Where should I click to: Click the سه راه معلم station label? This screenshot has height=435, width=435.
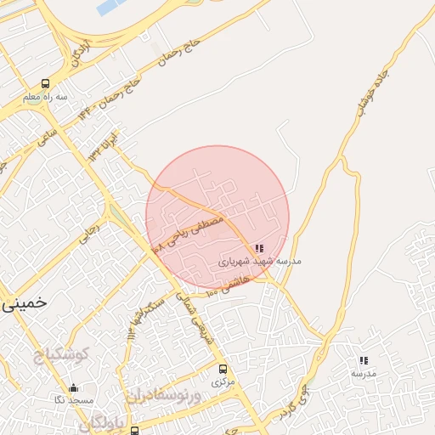[x=45, y=98]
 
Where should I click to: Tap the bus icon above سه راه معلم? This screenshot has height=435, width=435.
[x=45, y=84]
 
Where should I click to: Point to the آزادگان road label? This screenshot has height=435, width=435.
[x=82, y=54]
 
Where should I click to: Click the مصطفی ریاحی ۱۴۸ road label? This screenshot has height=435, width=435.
[x=188, y=232]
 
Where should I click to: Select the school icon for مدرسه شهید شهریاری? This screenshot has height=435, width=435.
[x=259, y=249]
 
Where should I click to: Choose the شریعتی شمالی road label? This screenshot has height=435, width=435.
[x=198, y=316]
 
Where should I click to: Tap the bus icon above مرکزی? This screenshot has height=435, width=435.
[x=223, y=370]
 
